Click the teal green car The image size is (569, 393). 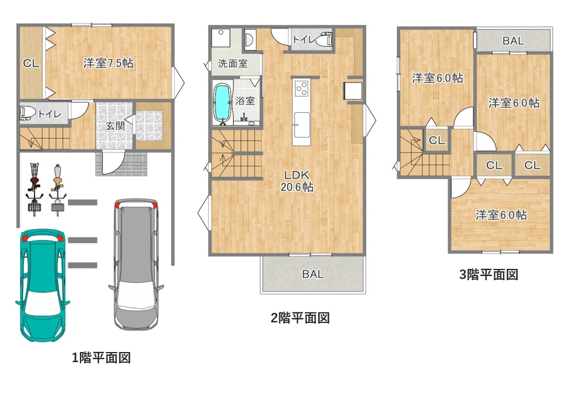click(43, 285)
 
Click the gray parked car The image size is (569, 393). click(136, 264)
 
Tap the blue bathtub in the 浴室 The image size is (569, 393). click(222, 103)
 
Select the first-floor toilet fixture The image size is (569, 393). click(27, 113)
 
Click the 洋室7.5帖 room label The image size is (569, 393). click(108, 63)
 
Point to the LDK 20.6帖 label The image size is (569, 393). click(297, 181)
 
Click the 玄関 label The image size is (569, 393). click(115, 126)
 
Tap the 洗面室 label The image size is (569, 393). click(233, 64)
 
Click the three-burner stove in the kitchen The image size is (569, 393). click(302, 88)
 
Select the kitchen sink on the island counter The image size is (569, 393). click(302, 125)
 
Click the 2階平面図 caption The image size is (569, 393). click(300, 318)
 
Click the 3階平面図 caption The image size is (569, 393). click(488, 274)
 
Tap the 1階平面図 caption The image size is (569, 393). click(101, 358)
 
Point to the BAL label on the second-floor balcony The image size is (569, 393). click(313, 274)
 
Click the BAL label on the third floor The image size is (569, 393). click(513, 41)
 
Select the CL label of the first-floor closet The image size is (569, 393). click(31, 64)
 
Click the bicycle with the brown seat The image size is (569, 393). click(34, 189)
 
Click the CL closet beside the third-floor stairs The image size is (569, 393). click(437, 140)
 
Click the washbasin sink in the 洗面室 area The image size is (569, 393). click(249, 40)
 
